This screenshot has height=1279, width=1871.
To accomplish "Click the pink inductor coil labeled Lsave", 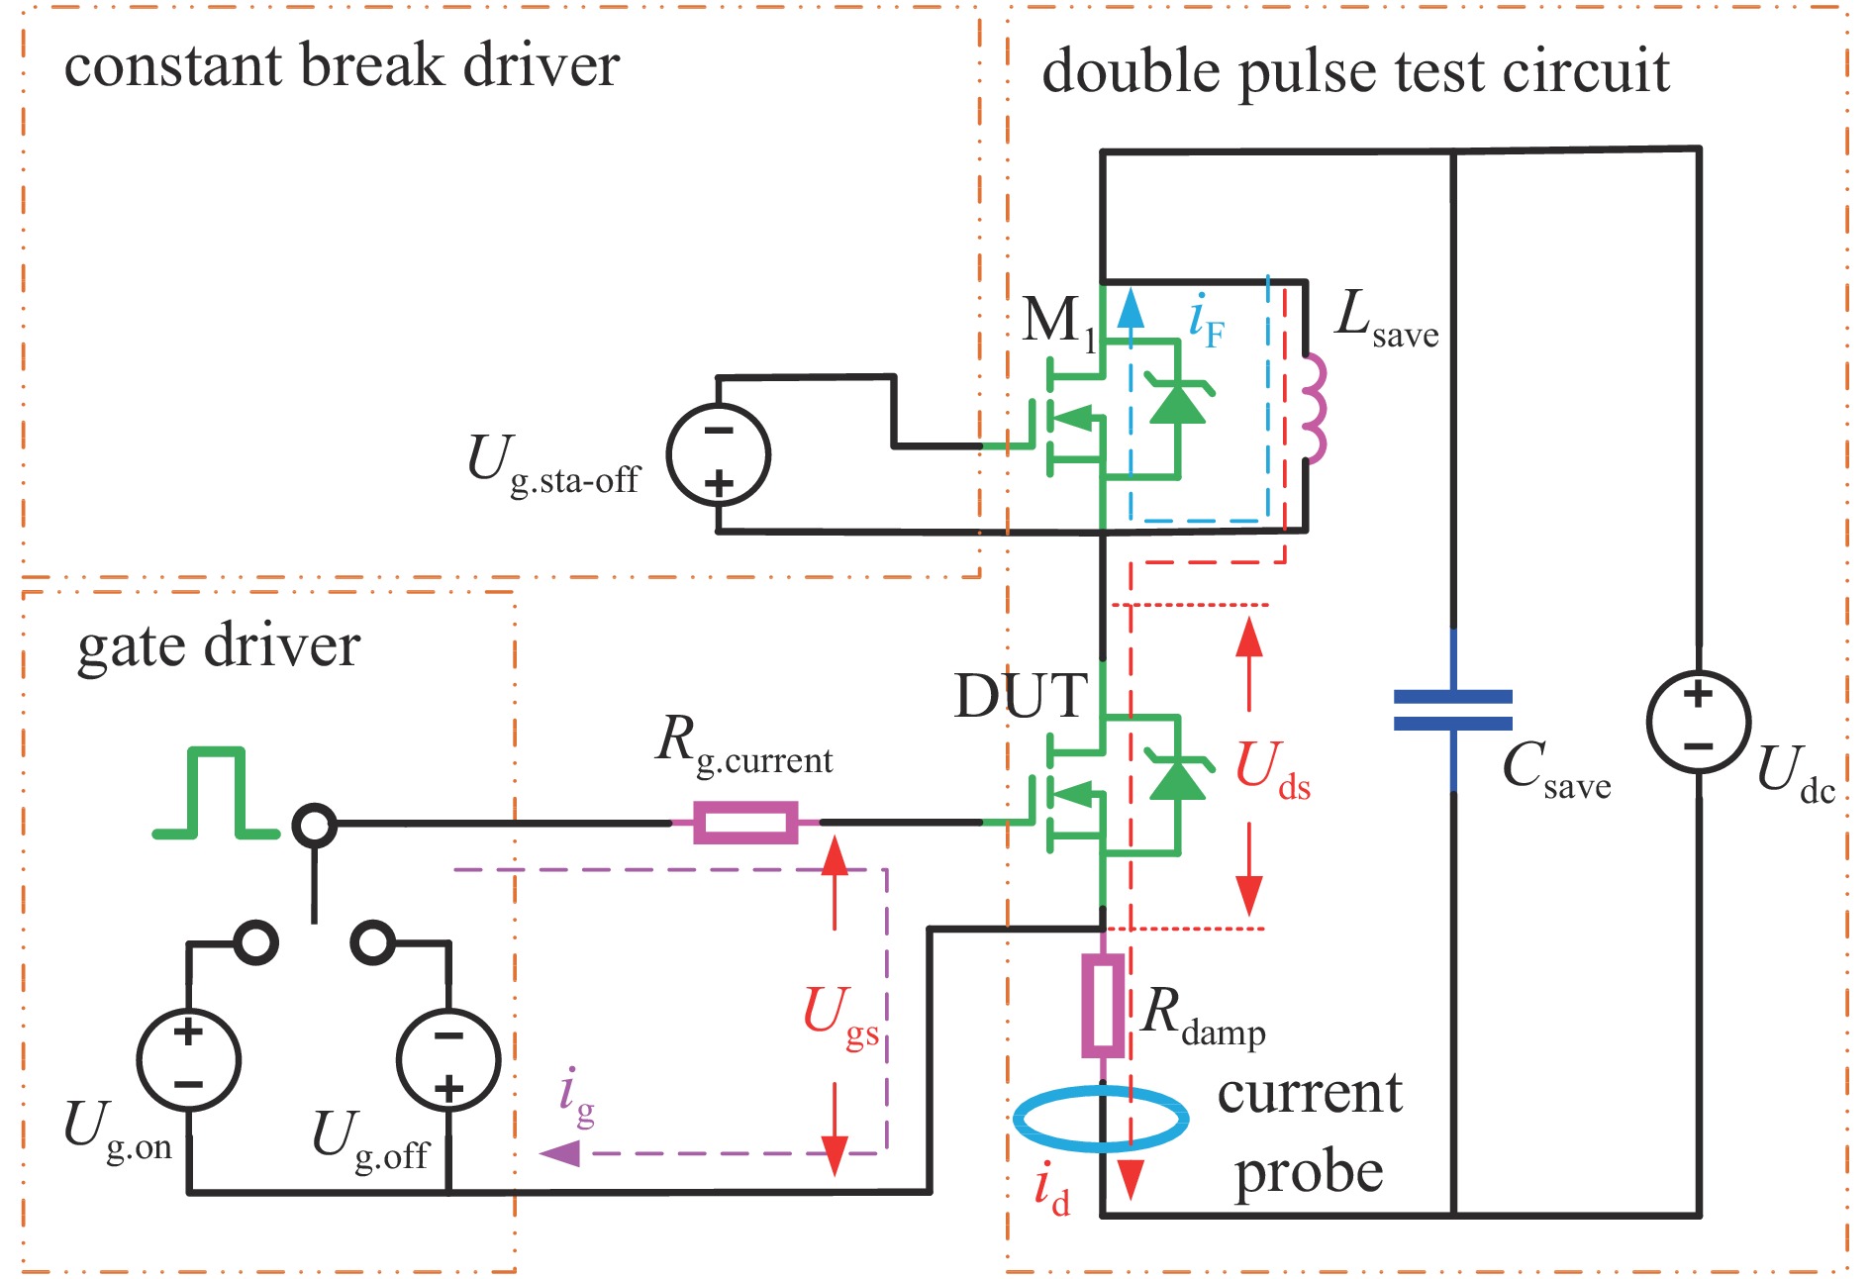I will pyautogui.click(x=1313, y=408).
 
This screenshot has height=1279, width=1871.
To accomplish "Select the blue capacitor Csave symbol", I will pyautogui.click(x=1452, y=710).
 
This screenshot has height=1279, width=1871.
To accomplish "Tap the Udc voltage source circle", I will pyautogui.click(x=1698, y=722).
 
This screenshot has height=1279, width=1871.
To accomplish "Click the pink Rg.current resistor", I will pyautogui.click(x=745, y=823).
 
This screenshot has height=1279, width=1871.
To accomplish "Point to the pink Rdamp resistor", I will pyautogui.click(x=1103, y=1006).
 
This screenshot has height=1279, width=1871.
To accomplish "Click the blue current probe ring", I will pyautogui.click(x=1101, y=1119).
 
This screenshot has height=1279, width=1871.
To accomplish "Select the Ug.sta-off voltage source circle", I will pyautogui.click(x=719, y=455).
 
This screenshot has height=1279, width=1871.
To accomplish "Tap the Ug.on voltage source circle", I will pyautogui.click(x=188, y=1059).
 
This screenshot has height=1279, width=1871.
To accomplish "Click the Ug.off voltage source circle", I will pyautogui.click(x=448, y=1059).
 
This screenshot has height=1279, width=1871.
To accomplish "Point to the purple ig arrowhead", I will pyautogui.click(x=560, y=1153).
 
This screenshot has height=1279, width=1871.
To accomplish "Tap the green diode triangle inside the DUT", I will pyautogui.click(x=1178, y=778).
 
